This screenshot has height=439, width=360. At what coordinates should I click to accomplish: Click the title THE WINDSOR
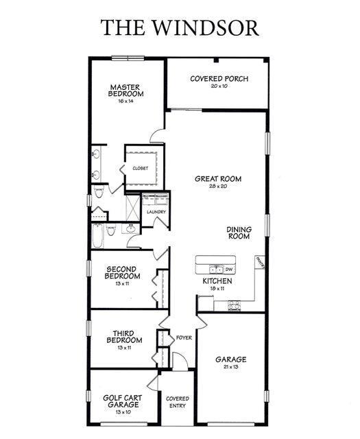pos(180,27)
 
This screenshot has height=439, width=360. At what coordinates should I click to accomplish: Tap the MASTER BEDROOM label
pos(125,91)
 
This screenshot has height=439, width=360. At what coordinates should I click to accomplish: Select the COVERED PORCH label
pos(219,79)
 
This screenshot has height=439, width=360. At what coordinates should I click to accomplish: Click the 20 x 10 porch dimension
pos(219,86)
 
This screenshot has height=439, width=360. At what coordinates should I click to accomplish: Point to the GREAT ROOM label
pos(218,179)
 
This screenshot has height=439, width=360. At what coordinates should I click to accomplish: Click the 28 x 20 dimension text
pos(218,187)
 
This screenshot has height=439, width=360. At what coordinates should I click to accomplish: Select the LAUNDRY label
pos(156,212)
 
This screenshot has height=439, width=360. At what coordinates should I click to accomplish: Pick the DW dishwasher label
pos(229,270)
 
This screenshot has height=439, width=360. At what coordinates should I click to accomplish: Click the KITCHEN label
pos(217,281)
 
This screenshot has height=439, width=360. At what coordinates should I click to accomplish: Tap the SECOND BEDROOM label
pos(122,272)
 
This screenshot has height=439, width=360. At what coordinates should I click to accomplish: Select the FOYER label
pos(183,338)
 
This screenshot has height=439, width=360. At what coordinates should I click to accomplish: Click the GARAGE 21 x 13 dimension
pos(230,368)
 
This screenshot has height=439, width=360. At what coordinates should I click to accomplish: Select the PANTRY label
pos(260,261)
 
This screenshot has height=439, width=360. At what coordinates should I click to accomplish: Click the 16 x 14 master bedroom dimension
pos(125,101)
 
